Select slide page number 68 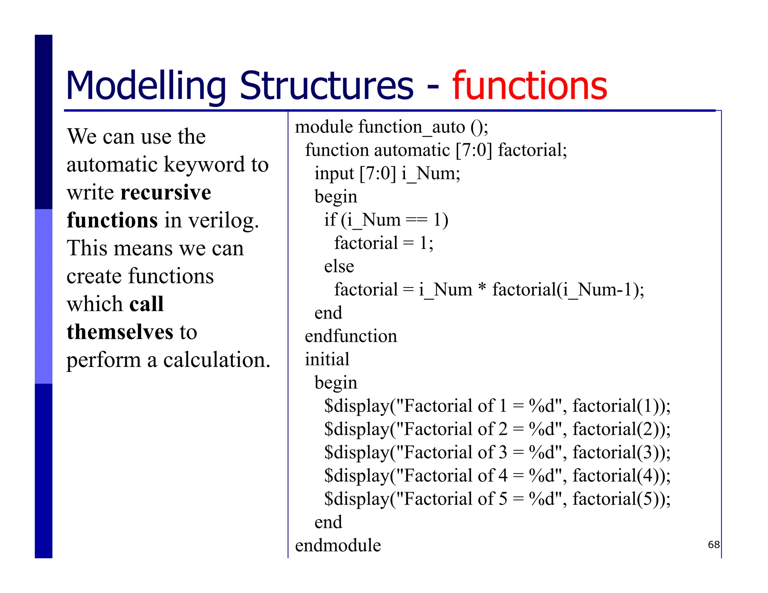click(x=714, y=545)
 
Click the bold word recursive click(x=166, y=193)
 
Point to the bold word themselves click(x=120, y=332)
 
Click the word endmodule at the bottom click(x=338, y=545)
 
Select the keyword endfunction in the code click(x=351, y=336)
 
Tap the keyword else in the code click(x=339, y=267)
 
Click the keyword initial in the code click(x=327, y=359)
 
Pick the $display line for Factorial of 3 click(x=497, y=452)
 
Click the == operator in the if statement click(x=417, y=220)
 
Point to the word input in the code click(x=334, y=174)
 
